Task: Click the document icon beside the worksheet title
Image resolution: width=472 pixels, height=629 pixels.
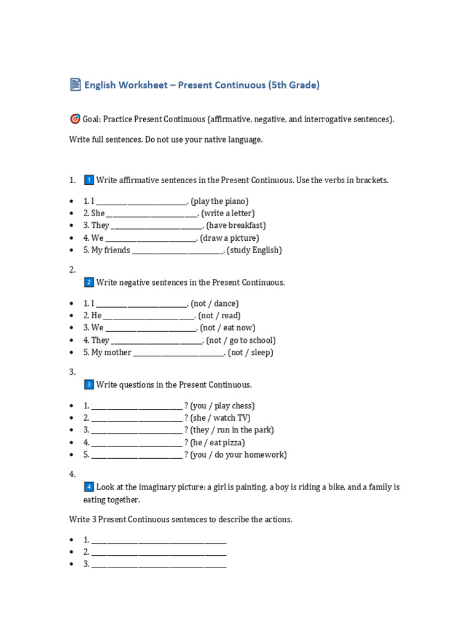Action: click(x=75, y=85)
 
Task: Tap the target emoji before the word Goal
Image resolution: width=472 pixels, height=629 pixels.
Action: click(x=75, y=119)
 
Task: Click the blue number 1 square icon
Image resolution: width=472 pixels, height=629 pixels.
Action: click(x=88, y=180)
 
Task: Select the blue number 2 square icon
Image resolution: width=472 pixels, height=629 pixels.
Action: click(x=88, y=283)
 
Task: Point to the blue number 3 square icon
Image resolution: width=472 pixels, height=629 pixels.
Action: click(x=88, y=385)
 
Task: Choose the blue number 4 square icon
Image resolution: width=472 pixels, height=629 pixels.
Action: click(x=88, y=487)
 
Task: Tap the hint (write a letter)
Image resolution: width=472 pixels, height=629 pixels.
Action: click(x=230, y=213)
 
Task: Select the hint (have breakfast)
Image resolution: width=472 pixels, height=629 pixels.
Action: click(x=236, y=225)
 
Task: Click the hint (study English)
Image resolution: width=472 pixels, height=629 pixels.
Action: click(x=254, y=250)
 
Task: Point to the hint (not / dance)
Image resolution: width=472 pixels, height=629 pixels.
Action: click(x=214, y=303)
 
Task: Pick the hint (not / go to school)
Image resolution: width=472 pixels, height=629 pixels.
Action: click(x=241, y=340)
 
